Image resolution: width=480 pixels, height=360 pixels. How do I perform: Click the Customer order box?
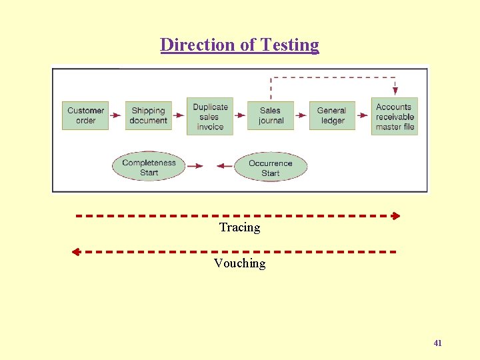tap(85, 115)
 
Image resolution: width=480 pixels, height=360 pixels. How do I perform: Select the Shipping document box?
tap(148, 115)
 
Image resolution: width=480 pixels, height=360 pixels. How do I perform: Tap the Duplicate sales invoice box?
tap(210, 116)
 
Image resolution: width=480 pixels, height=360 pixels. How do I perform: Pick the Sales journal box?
tap(271, 115)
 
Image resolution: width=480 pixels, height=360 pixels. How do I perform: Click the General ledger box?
tap(332, 115)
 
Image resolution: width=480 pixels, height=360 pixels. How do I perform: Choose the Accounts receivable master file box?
tap(394, 116)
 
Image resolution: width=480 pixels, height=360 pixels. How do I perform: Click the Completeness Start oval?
tap(149, 167)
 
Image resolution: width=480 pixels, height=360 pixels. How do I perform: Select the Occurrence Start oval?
tap(270, 167)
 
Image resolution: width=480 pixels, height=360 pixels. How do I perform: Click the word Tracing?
tap(239, 227)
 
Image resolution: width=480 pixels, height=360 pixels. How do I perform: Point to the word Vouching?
tap(239, 263)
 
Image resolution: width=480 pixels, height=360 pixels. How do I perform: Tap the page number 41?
tap(437, 343)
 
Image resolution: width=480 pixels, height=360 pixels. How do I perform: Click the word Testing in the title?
tap(290, 45)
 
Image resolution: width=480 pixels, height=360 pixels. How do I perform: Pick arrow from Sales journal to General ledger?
tap(301, 115)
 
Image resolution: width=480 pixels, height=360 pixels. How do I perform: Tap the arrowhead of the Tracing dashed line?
tap(396, 216)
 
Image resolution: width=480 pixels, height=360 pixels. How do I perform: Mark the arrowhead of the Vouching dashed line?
tap(75, 252)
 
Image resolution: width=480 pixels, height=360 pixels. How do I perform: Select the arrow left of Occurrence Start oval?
tap(224, 166)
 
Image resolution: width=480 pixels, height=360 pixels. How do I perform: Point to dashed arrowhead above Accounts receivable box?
tap(395, 91)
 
